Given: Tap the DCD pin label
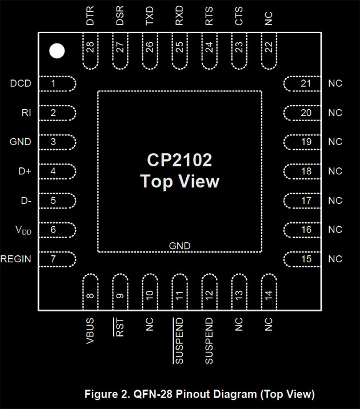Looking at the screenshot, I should [x=21, y=84].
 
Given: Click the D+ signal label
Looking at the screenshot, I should [x=25, y=171].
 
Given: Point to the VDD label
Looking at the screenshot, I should [x=23, y=230].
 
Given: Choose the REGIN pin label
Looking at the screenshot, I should [x=16, y=259].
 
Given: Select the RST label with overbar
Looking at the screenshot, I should [x=120, y=327].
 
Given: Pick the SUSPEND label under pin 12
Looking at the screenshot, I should [x=209, y=340].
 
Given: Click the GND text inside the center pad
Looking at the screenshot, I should [x=179, y=246].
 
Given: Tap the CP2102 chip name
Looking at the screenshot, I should [x=179, y=160].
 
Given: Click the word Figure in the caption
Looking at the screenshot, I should [x=101, y=394].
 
